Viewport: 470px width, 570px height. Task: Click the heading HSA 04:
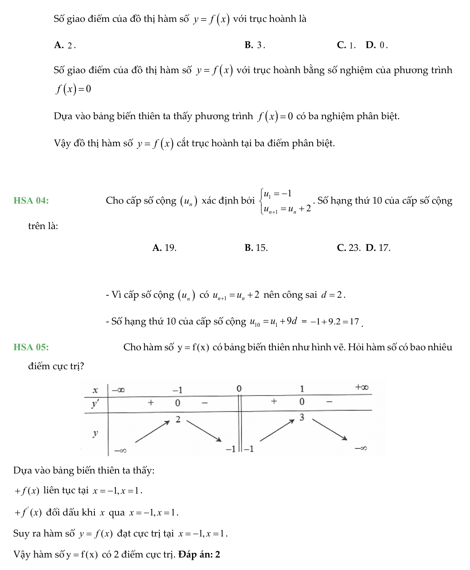coord(31,201)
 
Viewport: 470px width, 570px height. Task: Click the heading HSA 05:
coord(31,347)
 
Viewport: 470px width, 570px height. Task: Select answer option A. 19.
coord(165,248)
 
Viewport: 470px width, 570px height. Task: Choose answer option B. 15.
coord(256,248)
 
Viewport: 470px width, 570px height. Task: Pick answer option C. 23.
coord(349,248)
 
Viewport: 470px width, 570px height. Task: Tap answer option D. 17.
coord(378,248)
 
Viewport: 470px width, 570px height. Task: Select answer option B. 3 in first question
coord(255,45)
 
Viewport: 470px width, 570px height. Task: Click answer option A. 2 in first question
coord(65,45)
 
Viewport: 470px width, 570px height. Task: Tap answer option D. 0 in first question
coord(377,45)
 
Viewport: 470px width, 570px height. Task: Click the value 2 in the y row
coord(178,419)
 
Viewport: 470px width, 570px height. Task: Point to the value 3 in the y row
coord(302,418)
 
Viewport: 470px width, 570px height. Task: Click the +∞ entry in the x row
coord(362,387)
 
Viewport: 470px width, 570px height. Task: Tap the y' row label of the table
coord(95,404)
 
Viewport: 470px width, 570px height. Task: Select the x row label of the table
coord(96,390)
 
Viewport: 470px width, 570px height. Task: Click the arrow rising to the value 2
coord(152,432)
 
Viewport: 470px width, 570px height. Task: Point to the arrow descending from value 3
coord(330,429)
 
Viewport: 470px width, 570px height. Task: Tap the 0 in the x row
coord(239,389)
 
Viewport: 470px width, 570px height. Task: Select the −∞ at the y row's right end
coord(361,448)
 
